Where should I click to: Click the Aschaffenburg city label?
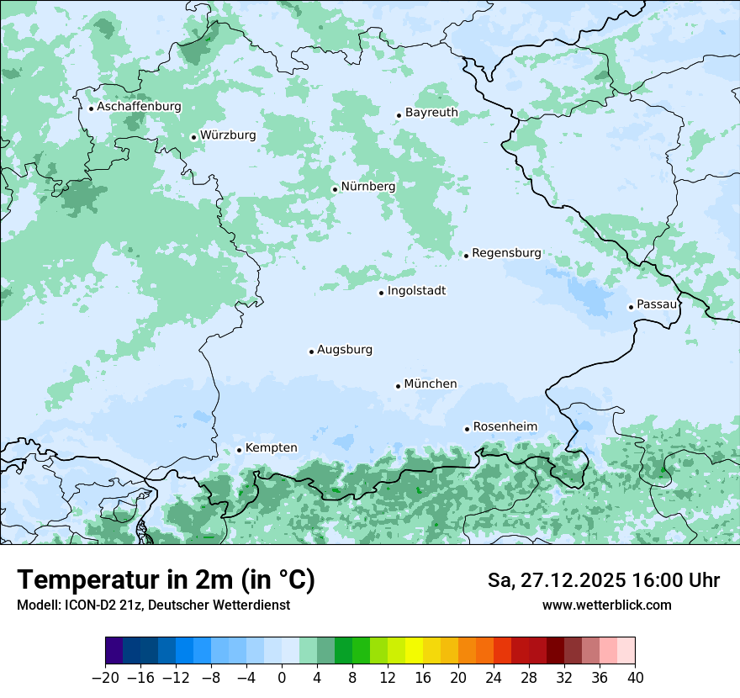(139, 107)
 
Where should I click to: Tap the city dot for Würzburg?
(193, 137)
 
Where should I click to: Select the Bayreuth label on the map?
(431, 113)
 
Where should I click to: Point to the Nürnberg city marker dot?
(335, 189)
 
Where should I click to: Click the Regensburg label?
(506, 252)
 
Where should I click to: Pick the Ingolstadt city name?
(416, 291)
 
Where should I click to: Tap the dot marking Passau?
(631, 307)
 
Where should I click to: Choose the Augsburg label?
(345, 350)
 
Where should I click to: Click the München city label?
(431, 384)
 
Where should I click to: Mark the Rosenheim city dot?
(467, 429)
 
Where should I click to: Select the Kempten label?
(271, 447)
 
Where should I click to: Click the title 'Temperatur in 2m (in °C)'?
(166, 580)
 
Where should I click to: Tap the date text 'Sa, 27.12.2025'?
(556, 580)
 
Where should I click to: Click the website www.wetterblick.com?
(606, 605)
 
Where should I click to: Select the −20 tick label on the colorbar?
(106, 677)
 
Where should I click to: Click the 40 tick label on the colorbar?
(635, 677)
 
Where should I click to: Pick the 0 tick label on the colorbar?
(282, 677)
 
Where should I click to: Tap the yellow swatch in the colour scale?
(414, 651)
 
